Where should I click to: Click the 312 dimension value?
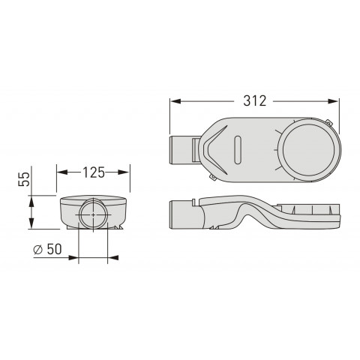tap(255, 101)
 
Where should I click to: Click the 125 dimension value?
tap(94, 172)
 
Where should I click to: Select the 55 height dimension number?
tap(24, 179)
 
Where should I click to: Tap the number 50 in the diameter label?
tap(54, 249)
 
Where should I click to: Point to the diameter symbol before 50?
tap(38, 250)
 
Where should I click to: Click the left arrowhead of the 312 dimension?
tap(175, 101)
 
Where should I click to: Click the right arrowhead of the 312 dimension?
tap(333, 101)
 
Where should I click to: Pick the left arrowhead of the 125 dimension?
tap(62, 172)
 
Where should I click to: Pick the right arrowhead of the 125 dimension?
tap(124, 172)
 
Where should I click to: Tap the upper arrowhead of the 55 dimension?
tap(31, 202)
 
